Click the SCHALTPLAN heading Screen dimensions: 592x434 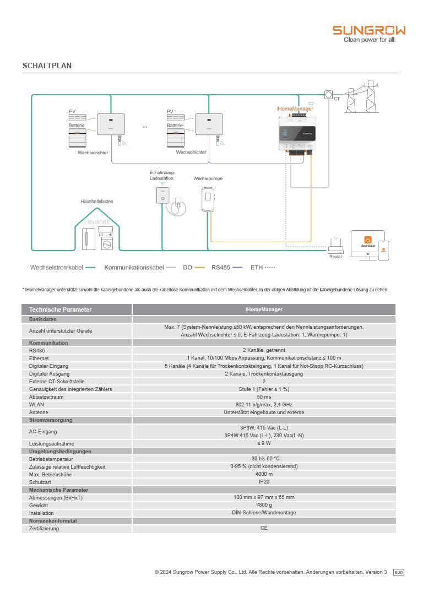coord(47,66)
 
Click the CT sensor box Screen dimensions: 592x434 coord(329,95)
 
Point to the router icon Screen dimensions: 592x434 coord(335,245)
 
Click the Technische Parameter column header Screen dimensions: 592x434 coord(60,309)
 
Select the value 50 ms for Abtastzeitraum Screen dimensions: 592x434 coord(264,397)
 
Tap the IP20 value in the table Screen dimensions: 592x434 coord(264,482)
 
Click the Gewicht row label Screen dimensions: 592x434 coord(39,505)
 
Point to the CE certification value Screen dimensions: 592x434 coord(264,529)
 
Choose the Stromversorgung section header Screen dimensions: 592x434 coord(51,420)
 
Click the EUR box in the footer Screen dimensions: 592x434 coord(399,573)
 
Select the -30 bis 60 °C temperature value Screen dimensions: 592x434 coord(264,459)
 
